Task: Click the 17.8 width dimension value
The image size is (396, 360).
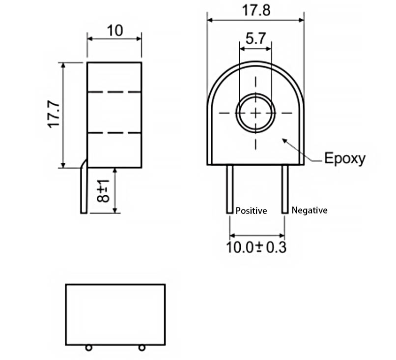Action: click(x=256, y=10)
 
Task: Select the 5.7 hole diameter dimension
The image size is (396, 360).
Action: click(x=255, y=39)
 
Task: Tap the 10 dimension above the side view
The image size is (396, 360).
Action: click(x=114, y=30)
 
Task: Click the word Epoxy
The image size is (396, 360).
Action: click(x=344, y=158)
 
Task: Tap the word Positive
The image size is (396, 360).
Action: click(x=251, y=211)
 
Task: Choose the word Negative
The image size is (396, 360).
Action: click(x=309, y=210)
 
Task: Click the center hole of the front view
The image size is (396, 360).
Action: click(x=255, y=113)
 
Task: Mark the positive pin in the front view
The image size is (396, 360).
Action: click(x=229, y=189)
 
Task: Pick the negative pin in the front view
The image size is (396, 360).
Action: click(x=284, y=189)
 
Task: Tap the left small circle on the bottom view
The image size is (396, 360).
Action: click(x=88, y=348)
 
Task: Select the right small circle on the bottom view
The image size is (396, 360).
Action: click(x=141, y=348)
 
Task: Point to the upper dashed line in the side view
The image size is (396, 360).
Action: click(x=114, y=92)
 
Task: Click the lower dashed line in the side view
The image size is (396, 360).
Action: click(x=114, y=133)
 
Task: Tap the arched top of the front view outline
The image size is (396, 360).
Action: click(x=255, y=63)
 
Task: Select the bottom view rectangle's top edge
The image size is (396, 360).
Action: click(x=115, y=284)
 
